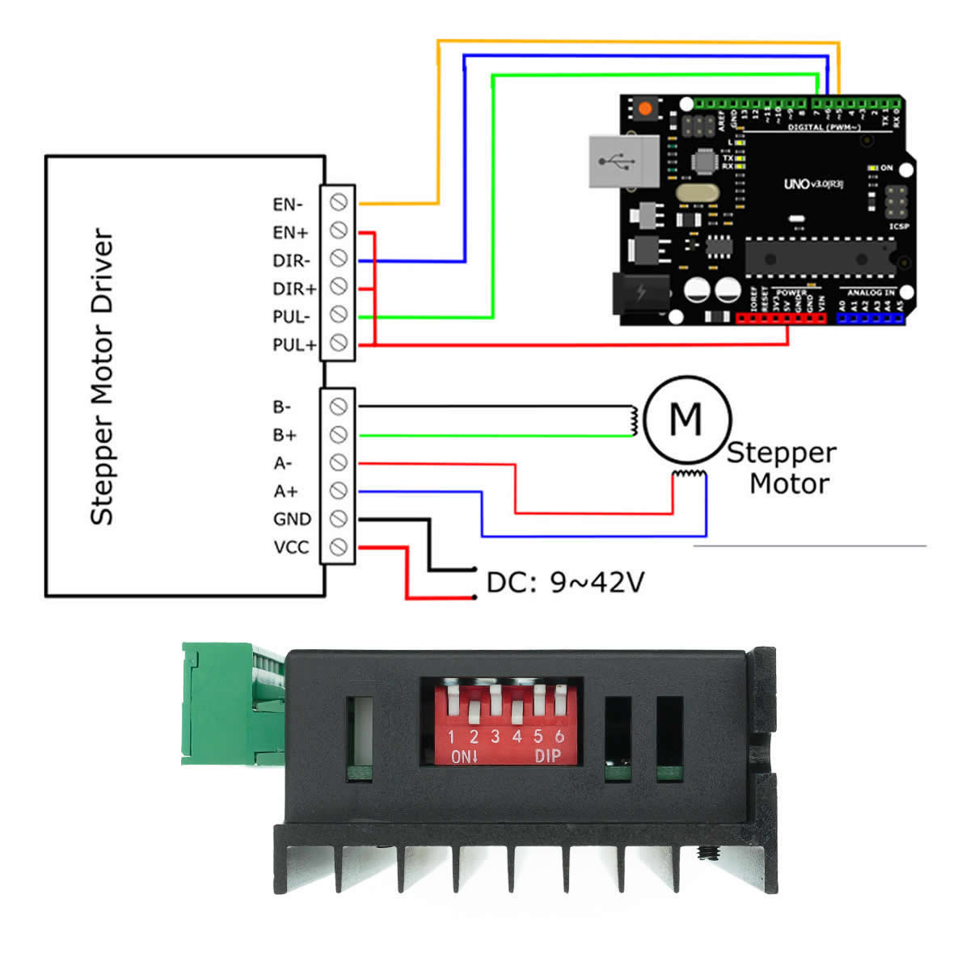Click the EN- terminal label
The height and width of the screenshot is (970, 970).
click(x=288, y=205)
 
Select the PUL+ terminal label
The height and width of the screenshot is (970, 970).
click(x=293, y=345)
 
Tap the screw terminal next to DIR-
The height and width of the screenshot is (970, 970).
click(x=339, y=259)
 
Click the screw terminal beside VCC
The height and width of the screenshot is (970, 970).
click(x=339, y=546)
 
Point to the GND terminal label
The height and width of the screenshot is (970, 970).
click(x=292, y=519)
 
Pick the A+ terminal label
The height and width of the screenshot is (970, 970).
click(x=285, y=491)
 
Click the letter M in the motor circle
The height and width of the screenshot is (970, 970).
click(x=685, y=419)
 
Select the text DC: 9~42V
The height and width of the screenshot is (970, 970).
click(x=565, y=582)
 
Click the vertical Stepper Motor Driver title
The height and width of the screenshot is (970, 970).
click(x=102, y=377)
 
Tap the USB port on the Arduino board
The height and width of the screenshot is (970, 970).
click(x=623, y=162)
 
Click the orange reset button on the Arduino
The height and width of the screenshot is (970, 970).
click(x=644, y=108)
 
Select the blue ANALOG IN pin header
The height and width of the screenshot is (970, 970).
click(x=870, y=318)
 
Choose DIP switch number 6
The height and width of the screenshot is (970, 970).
click(x=559, y=701)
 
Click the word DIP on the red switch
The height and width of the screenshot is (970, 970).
click(x=547, y=756)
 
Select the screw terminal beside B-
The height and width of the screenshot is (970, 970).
click(x=339, y=406)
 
